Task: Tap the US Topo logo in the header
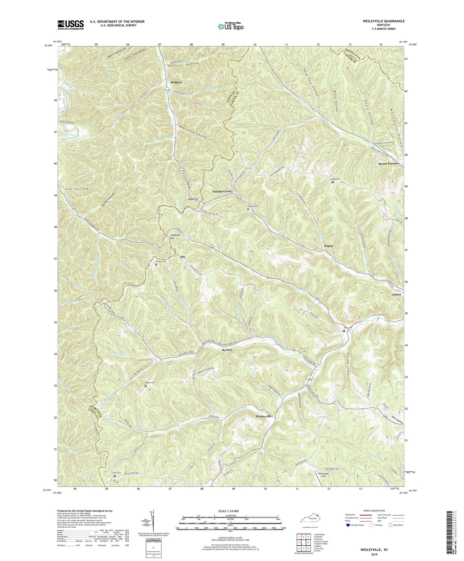tap(230, 26)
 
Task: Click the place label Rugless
tap(176, 82)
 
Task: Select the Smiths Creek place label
tap(222, 192)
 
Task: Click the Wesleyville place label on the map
tap(264, 416)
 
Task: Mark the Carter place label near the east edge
tap(397, 295)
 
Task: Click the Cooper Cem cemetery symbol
tap(156, 265)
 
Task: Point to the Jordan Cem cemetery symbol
tap(333, 182)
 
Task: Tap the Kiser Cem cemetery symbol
tap(344, 331)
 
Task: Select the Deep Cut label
tap(193, 200)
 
